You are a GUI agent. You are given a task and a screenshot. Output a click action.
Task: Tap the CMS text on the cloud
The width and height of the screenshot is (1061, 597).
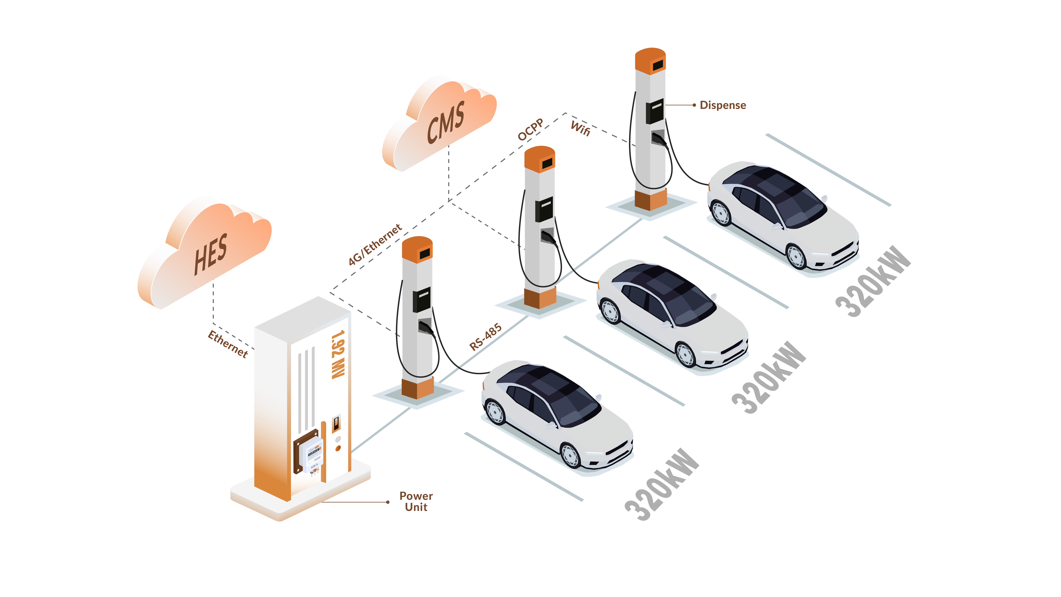click(446, 122)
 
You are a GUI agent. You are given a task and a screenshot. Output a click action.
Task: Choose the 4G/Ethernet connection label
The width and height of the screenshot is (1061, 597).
click(375, 245)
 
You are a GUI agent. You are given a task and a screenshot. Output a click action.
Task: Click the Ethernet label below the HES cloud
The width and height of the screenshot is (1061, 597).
click(228, 344)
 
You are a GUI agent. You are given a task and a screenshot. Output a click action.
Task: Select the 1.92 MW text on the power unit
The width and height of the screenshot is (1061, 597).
click(338, 354)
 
